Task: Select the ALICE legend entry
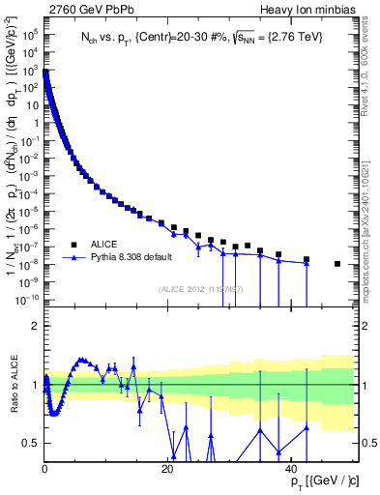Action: [104, 245]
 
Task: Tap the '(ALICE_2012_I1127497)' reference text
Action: [201, 289]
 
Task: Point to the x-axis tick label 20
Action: [168, 469]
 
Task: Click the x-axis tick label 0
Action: [44, 469]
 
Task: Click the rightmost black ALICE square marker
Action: [337, 264]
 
